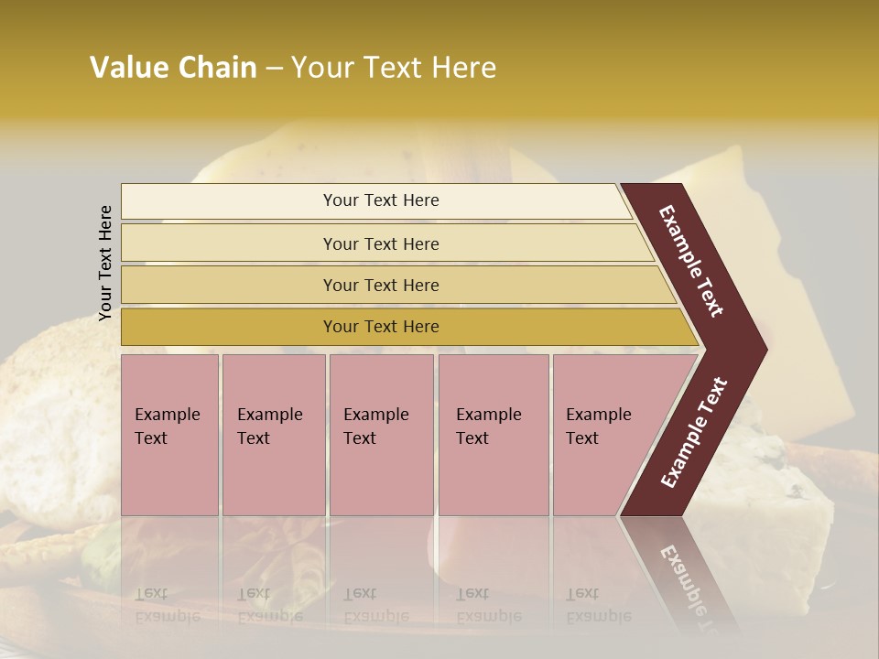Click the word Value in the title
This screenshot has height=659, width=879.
coord(127,68)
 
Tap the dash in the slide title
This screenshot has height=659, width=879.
coord(274,69)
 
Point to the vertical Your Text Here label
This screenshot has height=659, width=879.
coord(105,263)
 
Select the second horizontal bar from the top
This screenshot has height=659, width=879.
coord(381,243)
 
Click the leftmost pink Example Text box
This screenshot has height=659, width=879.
coord(169,435)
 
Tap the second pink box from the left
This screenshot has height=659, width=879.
coord(273,435)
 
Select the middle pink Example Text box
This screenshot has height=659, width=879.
coord(381,435)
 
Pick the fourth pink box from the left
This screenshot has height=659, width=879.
coord(494,435)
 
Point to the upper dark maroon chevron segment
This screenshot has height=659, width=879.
coord(696,261)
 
